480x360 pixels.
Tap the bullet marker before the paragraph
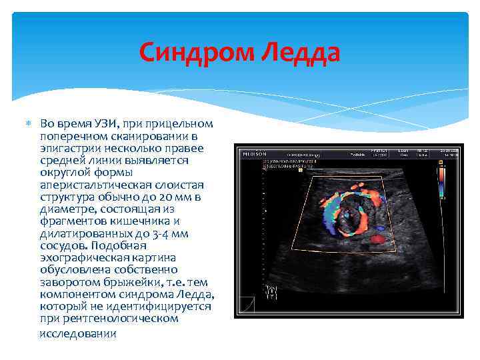[x=29, y=124]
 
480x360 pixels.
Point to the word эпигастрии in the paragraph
[x=67, y=148]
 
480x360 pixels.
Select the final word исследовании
[x=78, y=333]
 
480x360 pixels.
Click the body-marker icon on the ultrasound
[x=271, y=291]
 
